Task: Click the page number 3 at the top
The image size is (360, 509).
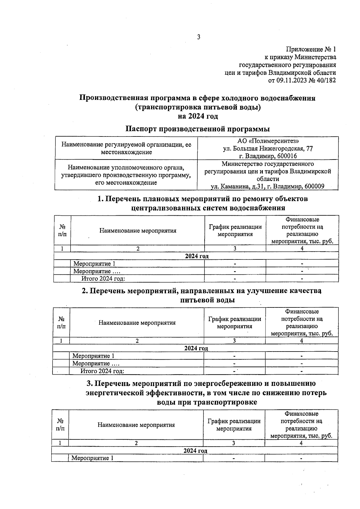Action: pyautogui.click(x=198, y=37)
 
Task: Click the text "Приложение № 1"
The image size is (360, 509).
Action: pyautogui.click(x=311, y=49)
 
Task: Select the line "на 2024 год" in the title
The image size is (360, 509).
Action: pyautogui.click(x=198, y=116)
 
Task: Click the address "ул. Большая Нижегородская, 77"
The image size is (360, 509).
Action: pyautogui.click(x=268, y=148)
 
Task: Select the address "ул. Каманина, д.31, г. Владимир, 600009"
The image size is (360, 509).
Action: pyautogui.click(x=268, y=186)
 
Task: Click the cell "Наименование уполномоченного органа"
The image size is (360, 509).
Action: pyautogui.click(x=126, y=167)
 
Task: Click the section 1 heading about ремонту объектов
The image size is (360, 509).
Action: pyautogui.click(x=203, y=199)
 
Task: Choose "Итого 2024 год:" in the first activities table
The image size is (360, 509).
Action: pyautogui.click(x=103, y=279)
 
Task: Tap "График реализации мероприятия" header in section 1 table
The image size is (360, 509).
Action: pyautogui.click(x=235, y=231)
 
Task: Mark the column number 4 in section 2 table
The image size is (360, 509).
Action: pyautogui.click(x=301, y=341)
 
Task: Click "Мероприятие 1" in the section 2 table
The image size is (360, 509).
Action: pyautogui.click(x=93, y=356)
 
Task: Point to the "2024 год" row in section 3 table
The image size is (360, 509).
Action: pyautogui.click(x=195, y=451)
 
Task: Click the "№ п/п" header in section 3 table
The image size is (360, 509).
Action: pyautogui.click(x=60, y=425)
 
